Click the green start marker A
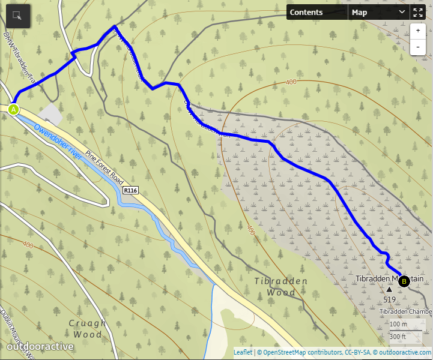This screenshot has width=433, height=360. coord(14,109)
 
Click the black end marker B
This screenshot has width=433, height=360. coord(404,281)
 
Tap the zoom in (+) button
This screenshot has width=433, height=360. coord(418,31)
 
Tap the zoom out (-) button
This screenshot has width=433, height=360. coord(418,47)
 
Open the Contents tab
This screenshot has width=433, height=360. coord(306,12)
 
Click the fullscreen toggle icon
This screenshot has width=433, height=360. coord(419,12)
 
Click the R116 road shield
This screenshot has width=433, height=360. coord(131,190)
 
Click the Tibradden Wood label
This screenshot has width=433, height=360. coord(281,287)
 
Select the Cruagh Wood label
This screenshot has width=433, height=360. coord(88,328)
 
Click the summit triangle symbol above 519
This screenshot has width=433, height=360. coord(389,290)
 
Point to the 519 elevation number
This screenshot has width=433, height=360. coord(389,299)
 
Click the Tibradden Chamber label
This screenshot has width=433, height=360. coord(406,311)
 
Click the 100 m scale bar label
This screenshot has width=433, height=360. coord(398,324)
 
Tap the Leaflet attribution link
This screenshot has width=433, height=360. coord(243,352)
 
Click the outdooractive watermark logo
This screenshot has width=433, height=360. coord(40,346)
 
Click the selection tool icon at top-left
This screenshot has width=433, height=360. coord(17,16)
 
